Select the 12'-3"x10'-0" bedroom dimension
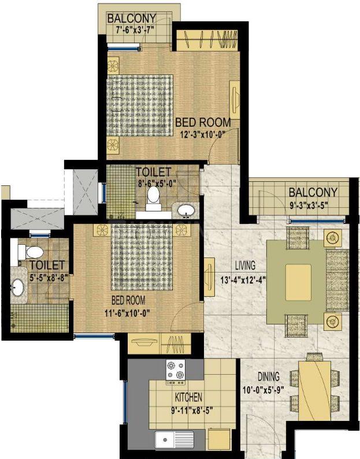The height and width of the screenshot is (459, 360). coord(202,135)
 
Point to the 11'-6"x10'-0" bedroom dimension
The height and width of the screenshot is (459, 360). coord(128,314)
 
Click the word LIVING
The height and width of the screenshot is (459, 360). coord(246,266)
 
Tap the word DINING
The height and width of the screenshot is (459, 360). coord(269,377)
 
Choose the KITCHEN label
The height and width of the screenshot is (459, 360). coord(188,397)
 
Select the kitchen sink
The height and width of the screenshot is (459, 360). coord(175,440)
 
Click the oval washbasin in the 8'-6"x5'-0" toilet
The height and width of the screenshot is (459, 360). coord(186,210)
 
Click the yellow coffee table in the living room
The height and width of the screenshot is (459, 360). coord(298,282)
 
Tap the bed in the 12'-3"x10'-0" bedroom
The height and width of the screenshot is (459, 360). coord(139,106)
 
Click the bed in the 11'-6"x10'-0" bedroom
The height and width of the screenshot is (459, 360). coord(142,257)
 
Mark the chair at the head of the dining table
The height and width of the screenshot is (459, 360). coord(314,357)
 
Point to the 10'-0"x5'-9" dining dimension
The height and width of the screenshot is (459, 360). coord(263,390)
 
